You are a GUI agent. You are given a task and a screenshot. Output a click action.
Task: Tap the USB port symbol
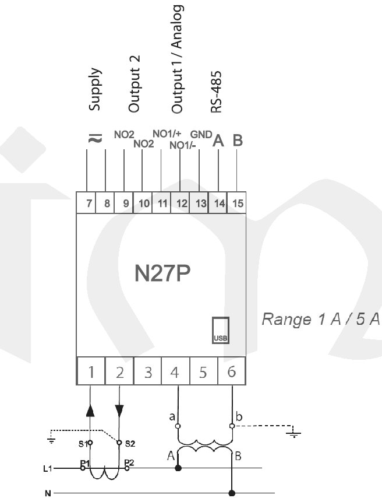click(x=220, y=330)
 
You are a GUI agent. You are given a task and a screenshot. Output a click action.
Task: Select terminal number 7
click(x=89, y=204)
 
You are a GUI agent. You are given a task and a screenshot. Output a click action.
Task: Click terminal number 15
click(x=237, y=204)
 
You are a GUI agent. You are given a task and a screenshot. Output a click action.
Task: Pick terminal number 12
click(x=181, y=204)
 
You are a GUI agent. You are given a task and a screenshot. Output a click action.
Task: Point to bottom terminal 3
click(x=148, y=371)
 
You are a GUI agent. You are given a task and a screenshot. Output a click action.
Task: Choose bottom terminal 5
click(x=203, y=371)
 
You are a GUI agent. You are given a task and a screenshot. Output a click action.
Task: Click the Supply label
click(x=95, y=90)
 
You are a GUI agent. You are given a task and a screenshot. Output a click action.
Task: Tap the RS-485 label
click(x=216, y=92)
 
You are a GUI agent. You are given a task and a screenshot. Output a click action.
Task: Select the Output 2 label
click(x=135, y=84)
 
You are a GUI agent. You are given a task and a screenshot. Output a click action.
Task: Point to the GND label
click(x=201, y=134)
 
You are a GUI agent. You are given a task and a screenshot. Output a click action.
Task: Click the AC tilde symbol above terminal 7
click(x=91, y=138)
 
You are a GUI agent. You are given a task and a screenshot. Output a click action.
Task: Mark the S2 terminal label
click(x=129, y=443)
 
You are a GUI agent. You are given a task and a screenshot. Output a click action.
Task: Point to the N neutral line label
click(x=47, y=493)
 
